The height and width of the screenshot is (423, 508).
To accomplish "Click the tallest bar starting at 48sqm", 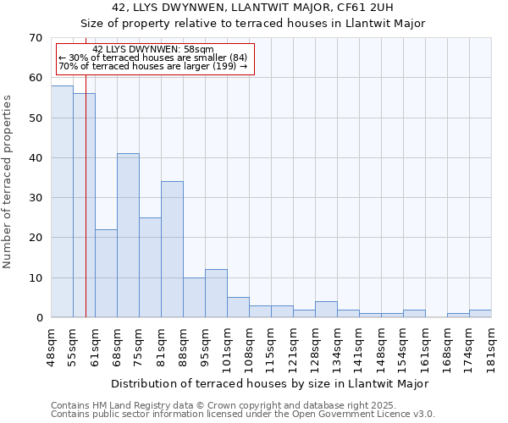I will click(62, 201).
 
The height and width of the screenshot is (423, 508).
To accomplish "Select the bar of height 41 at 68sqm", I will click(128, 235).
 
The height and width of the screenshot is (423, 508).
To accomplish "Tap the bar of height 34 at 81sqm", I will click(172, 250).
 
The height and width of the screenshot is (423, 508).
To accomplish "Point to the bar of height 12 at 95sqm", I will click(216, 294).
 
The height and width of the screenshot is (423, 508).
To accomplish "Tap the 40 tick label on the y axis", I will click(36, 158).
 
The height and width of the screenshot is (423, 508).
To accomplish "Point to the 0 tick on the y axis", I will click(39, 318).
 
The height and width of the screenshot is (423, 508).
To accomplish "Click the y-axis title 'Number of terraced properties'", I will click(8, 181).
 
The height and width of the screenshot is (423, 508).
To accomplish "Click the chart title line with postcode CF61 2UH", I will click(252, 8).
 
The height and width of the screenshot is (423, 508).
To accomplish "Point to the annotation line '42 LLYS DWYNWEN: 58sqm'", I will click(153, 50).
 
